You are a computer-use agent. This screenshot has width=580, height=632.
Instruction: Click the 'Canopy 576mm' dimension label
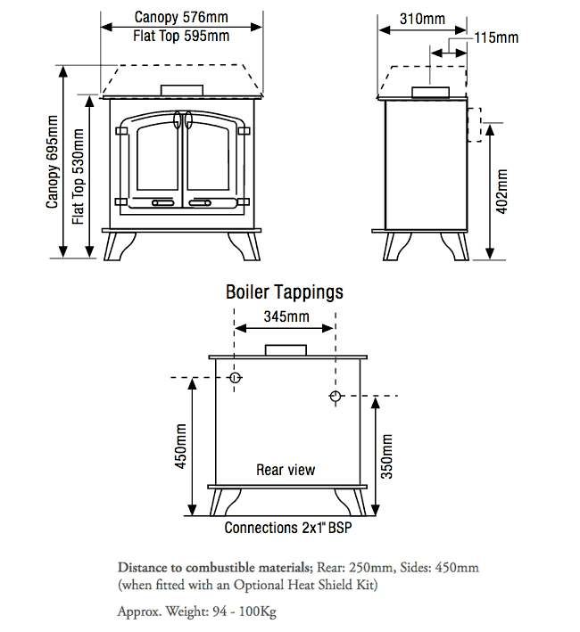pos(181,16)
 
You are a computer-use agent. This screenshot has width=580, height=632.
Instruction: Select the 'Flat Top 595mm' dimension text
pos(181,36)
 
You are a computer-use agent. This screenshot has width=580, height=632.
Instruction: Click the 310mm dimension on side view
pos(422,18)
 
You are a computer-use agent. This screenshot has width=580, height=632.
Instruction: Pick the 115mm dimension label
pos(495,37)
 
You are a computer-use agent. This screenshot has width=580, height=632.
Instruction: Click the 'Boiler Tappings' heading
pos(284,291)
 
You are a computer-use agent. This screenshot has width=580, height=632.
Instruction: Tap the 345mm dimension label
pos(286,316)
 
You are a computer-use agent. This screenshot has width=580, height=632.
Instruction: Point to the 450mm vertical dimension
pos(181,446)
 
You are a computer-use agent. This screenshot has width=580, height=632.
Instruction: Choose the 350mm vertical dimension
pos(386,456)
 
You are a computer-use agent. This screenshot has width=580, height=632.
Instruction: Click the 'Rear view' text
pos(286,470)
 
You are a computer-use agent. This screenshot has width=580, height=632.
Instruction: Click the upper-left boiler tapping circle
pos(235,378)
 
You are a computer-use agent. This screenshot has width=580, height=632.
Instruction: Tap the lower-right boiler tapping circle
pos(335,396)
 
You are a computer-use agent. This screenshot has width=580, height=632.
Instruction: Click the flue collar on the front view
pos(181,90)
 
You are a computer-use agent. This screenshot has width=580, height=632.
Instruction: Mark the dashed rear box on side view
pos(475,125)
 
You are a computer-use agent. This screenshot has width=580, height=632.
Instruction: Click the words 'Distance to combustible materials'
pos(214,567)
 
